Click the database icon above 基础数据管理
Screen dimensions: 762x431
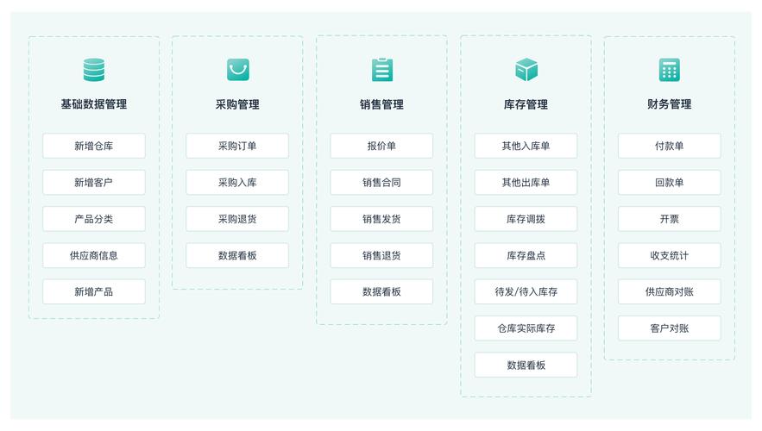click(94, 70)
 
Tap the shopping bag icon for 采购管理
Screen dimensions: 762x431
click(238, 70)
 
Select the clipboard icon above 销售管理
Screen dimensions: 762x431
click(382, 70)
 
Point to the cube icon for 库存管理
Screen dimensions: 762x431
click(526, 70)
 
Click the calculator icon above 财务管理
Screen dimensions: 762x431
click(669, 70)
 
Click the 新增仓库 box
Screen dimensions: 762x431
click(94, 146)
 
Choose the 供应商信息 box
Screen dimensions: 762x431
click(94, 255)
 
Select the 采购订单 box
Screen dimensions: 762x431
click(237, 146)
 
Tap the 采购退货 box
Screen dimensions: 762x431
click(237, 219)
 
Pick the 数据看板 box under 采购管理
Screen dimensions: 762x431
click(237, 255)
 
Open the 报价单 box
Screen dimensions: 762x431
click(381, 146)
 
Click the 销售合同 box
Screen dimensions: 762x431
click(381, 183)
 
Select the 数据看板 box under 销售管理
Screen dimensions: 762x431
click(381, 291)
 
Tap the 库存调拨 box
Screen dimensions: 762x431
click(526, 219)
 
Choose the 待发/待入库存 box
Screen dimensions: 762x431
click(526, 291)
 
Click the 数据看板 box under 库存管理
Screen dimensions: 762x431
click(526, 365)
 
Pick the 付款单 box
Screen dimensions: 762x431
click(669, 146)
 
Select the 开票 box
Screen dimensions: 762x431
click(669, 219)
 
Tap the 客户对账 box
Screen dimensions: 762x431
click(669, 328)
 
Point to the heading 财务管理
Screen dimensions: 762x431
click(669, 103)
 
